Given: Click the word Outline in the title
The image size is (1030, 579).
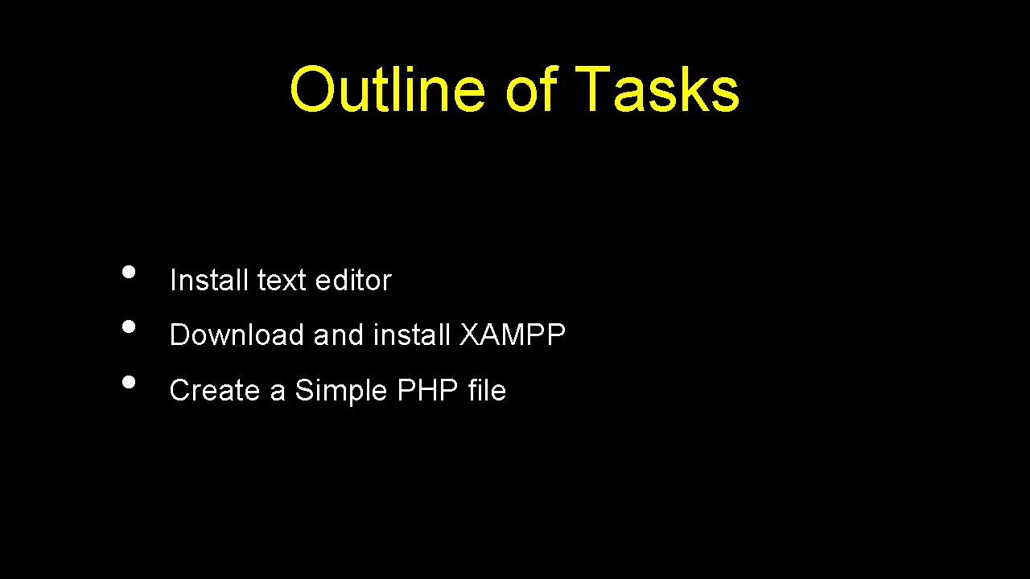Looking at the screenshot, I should (x=386, y=89).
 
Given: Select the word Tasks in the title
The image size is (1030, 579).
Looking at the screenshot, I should (x=657, y=89).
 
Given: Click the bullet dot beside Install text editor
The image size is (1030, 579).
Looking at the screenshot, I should (x=128, y=271).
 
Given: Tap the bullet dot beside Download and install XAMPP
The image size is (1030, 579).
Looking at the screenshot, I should (x=128, y=326).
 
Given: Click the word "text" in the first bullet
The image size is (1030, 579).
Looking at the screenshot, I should (x=282, y=281).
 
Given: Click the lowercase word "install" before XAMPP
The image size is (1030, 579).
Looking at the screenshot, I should (x=412, y=335).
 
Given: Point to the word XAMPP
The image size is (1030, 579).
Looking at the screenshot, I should (x=513, y=335).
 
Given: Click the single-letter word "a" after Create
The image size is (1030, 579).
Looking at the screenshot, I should (x=278, y=392).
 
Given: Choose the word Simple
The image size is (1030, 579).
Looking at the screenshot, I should (x=341, y=391).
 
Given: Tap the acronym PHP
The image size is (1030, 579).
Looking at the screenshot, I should (x=427, y=391).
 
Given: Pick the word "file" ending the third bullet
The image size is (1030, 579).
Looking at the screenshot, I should (x=487, y=391).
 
